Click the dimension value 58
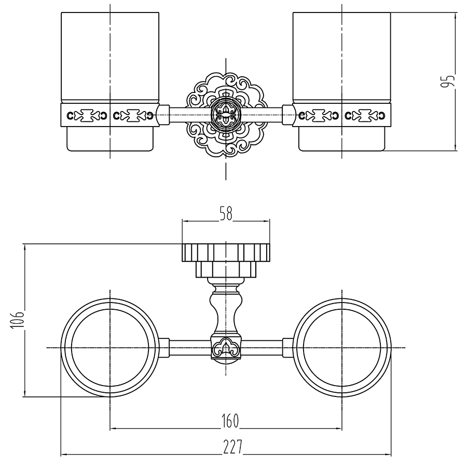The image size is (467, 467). [226, 214]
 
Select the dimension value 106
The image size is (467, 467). [17, 321]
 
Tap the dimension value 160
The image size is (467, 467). [229, 421]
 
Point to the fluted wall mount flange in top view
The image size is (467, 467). [226, 253]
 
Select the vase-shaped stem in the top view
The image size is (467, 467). [226, 310]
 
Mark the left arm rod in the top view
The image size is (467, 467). [190, 348]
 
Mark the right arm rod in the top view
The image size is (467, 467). [262, 348]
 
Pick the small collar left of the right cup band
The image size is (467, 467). [288, 115]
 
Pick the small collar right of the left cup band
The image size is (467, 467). [163, 115]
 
